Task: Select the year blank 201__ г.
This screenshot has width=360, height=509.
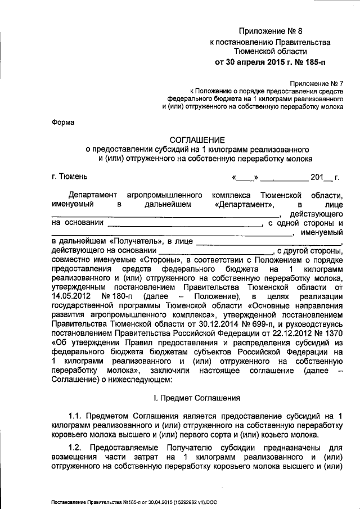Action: [326, 178]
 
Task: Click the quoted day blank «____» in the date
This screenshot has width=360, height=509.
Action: [245, 178]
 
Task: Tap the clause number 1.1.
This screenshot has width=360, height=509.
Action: [75, 416]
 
